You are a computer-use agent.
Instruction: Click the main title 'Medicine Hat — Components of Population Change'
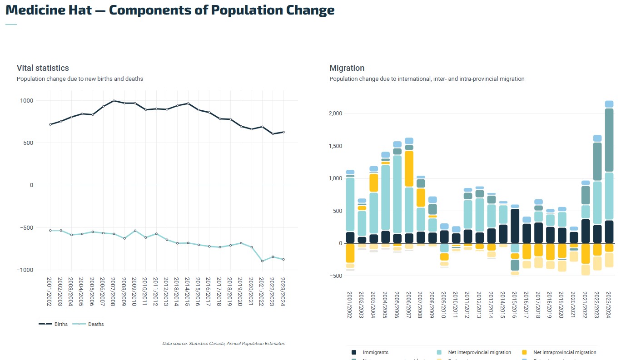coord(170,10)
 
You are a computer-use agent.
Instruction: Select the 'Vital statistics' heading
coord(43,68)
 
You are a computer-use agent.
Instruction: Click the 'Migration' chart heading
coord(347,68)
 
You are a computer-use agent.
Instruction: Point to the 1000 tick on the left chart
coord(25,101)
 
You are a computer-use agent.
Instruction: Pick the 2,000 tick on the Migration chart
coord(334,113)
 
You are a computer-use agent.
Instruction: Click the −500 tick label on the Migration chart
coord(335,276)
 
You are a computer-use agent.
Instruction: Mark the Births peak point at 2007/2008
coord(114,101)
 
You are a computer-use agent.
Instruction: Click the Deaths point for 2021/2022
coord(262,261)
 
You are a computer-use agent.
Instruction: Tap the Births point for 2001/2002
coord(50,124)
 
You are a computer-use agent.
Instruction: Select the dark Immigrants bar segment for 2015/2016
coord(515,226)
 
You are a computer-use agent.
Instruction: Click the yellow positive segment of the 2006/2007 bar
coord(409,168)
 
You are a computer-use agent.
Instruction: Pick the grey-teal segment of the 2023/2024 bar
coord(609,140)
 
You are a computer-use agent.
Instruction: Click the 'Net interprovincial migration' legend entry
coord(479,352)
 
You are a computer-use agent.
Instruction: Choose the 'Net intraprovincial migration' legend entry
coord(564,352)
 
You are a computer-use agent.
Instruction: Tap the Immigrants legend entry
coord(375,352)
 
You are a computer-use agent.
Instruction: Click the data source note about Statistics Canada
coord(224,344)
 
